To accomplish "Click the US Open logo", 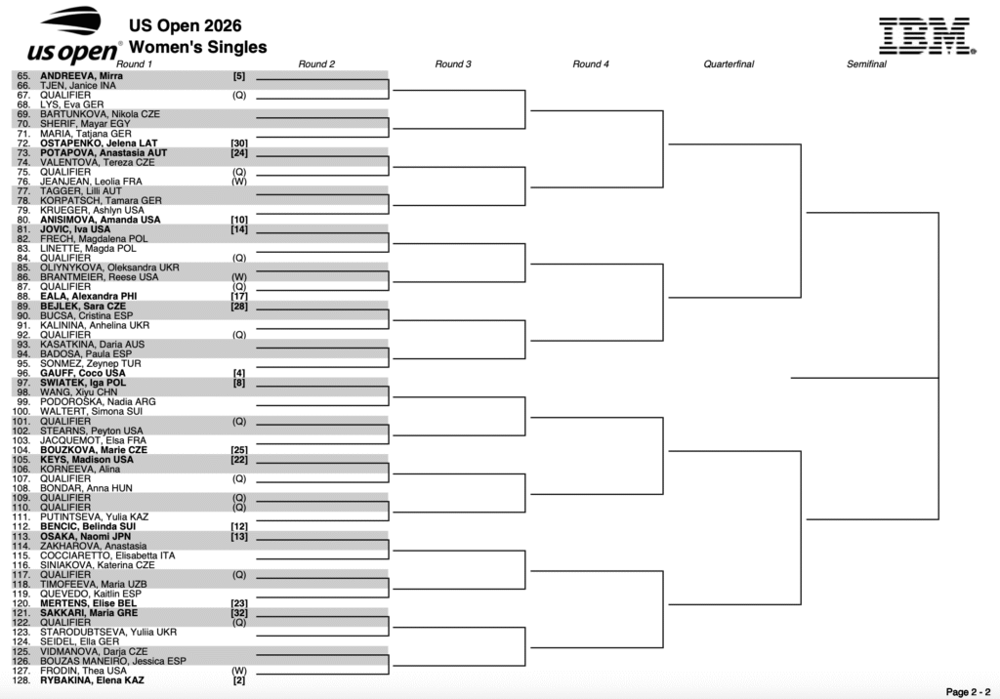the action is tap(73, 36).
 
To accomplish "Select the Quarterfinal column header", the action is tap(729, 63).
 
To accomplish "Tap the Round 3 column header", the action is tap(453, 63).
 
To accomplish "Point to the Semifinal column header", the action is tap(866, 63).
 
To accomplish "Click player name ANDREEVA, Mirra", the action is tap(82, 76).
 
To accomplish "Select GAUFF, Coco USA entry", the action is tap(83, 373).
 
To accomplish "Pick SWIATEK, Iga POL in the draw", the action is tap(83, 383).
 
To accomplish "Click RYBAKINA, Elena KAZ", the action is tap(92, 680).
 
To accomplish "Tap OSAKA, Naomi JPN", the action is tap(86, 536).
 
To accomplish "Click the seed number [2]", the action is tap(239, 680).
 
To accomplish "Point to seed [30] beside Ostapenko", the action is tap(239, 144).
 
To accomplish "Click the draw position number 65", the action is tap(23, 76).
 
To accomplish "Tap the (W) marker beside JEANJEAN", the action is tap(239, 182).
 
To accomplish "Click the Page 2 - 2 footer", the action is tap(968, 692).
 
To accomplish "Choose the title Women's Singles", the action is tap(197, 47).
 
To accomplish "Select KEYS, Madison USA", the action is tap(87, 460).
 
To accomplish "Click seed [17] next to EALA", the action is tap(239, 297).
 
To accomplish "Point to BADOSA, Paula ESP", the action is tap(86, 354).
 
